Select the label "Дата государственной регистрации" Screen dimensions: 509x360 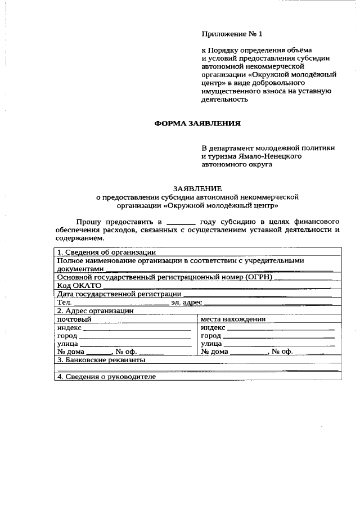[x=119, y=294]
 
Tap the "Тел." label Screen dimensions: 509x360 [x=64, y=302]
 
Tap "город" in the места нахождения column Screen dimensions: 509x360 [x=211, y=335]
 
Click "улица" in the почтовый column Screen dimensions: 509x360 [x=68, y=344]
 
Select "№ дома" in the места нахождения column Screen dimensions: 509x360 [x=214, y=352]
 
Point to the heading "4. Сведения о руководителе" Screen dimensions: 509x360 [x=106, y=376]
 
